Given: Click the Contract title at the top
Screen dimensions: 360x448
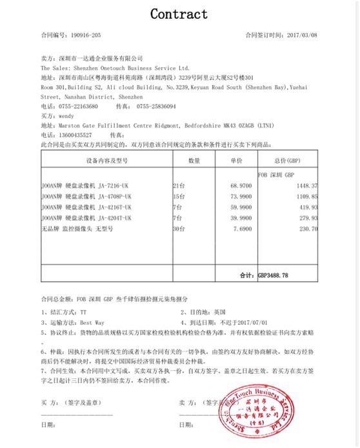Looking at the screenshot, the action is click(x=179, y=14).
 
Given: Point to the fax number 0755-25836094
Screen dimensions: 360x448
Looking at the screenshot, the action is click(x=155, y=106).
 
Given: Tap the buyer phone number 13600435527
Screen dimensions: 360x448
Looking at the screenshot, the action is click(x=77, y=135).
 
